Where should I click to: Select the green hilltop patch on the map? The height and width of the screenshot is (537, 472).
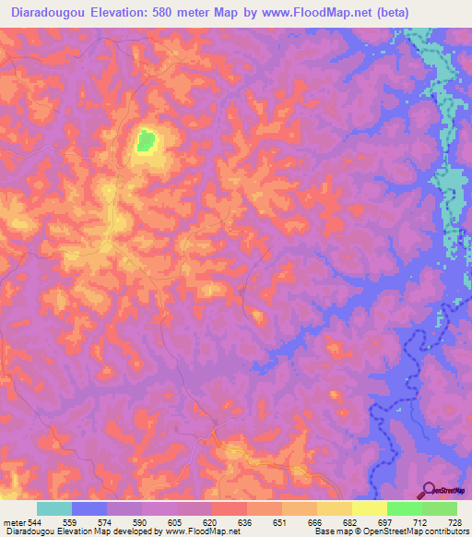pos(146,141)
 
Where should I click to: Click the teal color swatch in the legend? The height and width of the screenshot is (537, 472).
pos(54,508)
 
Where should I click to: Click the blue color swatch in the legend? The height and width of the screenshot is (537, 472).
pos(89,508)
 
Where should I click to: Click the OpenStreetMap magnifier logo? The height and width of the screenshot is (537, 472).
pos(428,492)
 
